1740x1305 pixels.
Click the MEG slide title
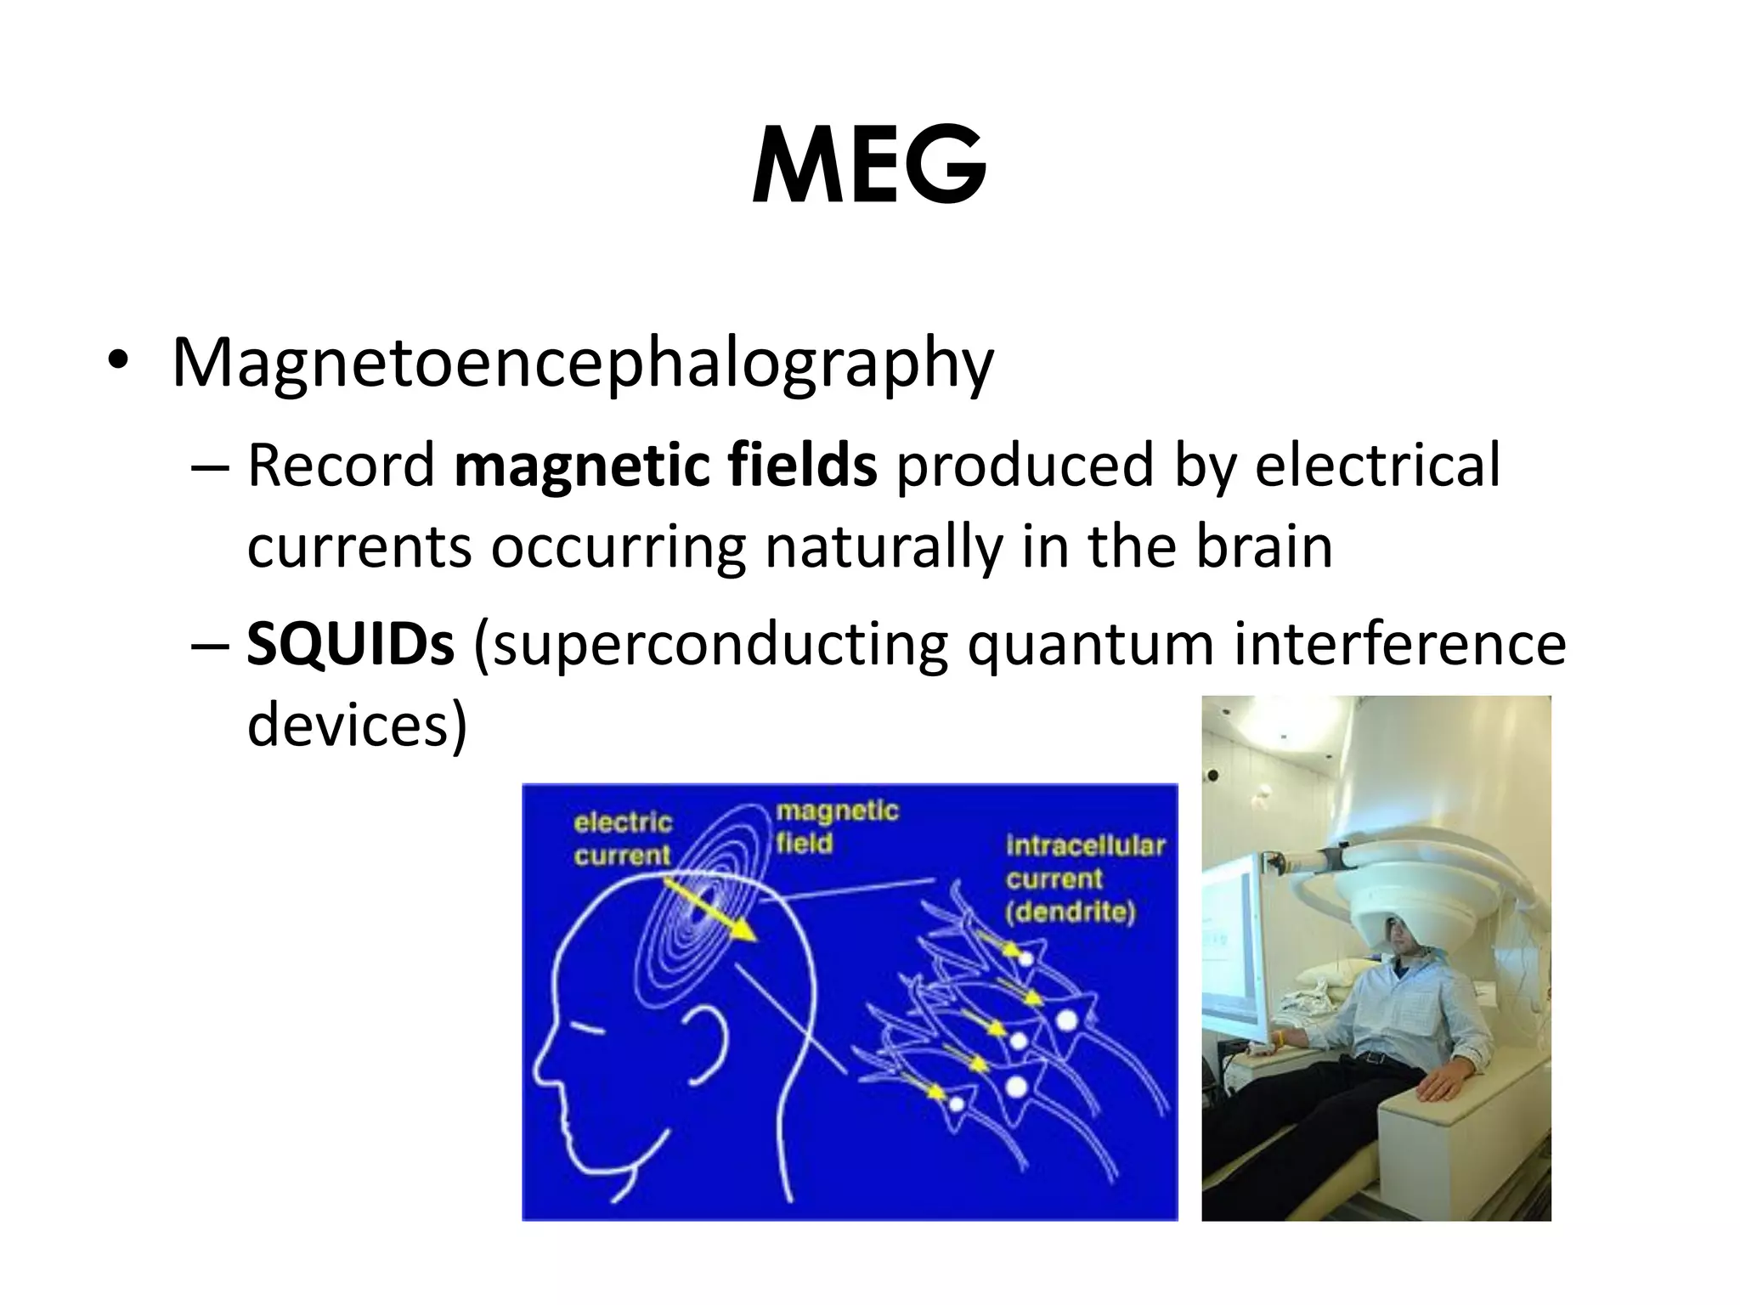click(x=869, y=165)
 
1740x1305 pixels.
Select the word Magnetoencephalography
click(x=583, y=364)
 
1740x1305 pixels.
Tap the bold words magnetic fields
click(x=665, y=466)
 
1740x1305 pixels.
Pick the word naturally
click(x=884, y=548)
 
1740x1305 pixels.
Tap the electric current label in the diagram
click(x=622, y=839)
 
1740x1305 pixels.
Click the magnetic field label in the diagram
click(x=836, y=827)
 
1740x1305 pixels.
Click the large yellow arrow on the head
click(x=710, y=910)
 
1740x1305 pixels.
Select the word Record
click(x=341, y=466)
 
